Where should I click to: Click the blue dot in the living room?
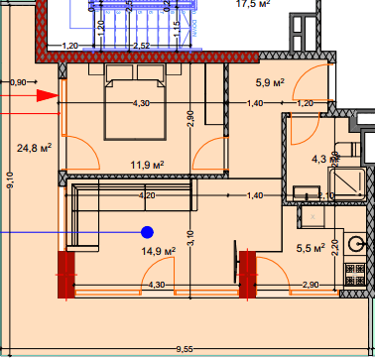tap(147, 232)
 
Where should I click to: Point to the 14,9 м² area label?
tap(158, 252)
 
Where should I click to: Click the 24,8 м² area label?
tap(34, 149)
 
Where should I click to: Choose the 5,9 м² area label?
tap(271, 83)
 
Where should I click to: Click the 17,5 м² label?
tap(254, 4)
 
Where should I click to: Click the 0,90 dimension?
tap(18, 82)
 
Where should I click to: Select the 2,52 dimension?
tap(141, 46)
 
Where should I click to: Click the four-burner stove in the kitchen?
tap(352, 272)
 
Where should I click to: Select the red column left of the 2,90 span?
tap(247, 272)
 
